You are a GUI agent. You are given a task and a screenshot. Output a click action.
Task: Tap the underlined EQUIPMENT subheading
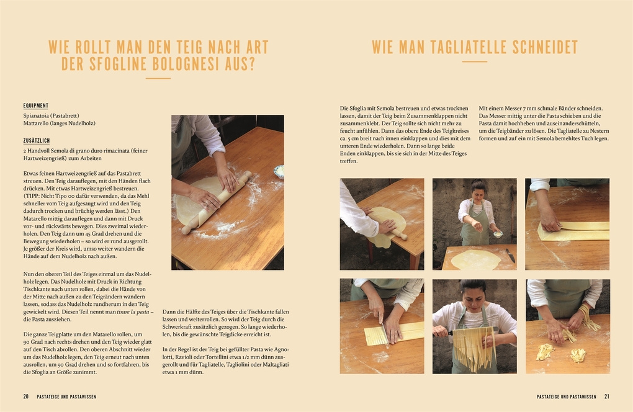36,105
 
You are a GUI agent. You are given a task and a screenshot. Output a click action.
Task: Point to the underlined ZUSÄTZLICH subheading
37,141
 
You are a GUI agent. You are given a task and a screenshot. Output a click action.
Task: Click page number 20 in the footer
26,396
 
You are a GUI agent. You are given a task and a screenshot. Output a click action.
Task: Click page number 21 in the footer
606,396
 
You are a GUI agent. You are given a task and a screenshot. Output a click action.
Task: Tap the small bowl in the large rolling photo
279,172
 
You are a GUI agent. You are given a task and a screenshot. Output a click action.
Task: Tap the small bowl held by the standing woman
497,234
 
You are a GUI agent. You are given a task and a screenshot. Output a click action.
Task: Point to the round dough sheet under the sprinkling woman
475,259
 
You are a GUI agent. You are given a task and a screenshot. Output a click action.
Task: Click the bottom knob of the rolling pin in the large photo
186,230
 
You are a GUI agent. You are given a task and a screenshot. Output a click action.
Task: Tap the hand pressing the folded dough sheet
548,220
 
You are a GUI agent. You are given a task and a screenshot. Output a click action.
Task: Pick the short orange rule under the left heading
158,78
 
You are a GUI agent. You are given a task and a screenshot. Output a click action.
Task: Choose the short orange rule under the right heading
474,61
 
